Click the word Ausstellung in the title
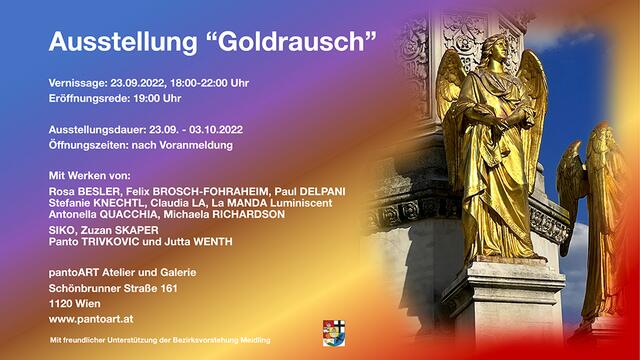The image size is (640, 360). click(123, 42)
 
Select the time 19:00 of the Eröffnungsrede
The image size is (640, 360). click(147, 98)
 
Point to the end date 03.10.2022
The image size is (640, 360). click(216, 130)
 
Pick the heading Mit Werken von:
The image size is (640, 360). click(89, 176)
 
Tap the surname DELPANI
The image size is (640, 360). click(322, 191)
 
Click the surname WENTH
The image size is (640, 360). click(213, 242)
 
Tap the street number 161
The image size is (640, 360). click(169, 289)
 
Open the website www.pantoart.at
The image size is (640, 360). click(91, 319)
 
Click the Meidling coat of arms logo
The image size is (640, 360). click(334, 333)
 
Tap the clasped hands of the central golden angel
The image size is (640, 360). click(516, 118)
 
